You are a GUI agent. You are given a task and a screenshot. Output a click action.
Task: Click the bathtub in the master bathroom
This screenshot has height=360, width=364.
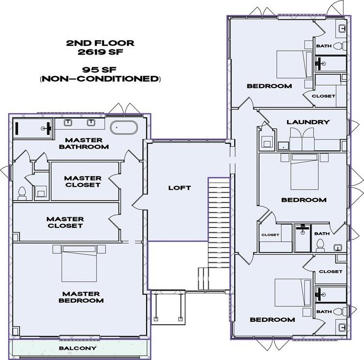[x=124, y=128]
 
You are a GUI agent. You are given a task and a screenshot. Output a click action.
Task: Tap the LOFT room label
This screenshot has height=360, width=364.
[x=179, y=188]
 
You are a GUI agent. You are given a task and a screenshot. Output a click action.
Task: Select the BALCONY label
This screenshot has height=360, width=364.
[x=77, y=348]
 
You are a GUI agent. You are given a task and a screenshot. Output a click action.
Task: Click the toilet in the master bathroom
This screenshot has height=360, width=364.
[x=21, y=193]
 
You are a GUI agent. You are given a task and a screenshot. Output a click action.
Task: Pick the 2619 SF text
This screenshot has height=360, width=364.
[x=100, y=52]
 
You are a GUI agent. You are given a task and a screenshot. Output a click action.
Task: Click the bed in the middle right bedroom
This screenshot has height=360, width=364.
[x=304, y=171]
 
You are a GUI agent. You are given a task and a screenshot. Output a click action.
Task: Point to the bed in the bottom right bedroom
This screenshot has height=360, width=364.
[x=293, y=292]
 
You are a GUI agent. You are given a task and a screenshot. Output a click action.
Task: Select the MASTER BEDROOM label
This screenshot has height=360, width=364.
[x=81, y=297]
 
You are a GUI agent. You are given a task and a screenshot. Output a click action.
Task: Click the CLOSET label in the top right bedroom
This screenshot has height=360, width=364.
[x=323, y=96]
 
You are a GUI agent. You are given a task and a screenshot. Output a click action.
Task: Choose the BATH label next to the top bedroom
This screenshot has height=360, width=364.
[x=323, y=46]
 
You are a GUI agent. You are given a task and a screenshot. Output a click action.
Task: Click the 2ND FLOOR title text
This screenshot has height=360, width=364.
[x=100, y=43]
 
